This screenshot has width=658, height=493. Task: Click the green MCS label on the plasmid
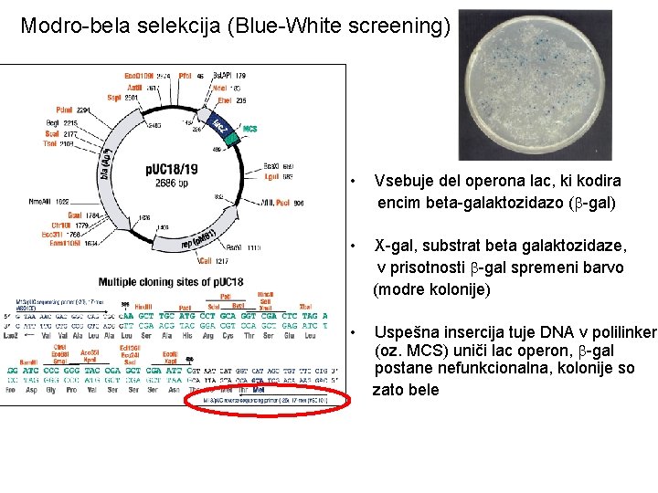pos(249,129)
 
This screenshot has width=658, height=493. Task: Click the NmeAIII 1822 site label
pos(48,200)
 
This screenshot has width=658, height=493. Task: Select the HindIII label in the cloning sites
pos(143,306)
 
